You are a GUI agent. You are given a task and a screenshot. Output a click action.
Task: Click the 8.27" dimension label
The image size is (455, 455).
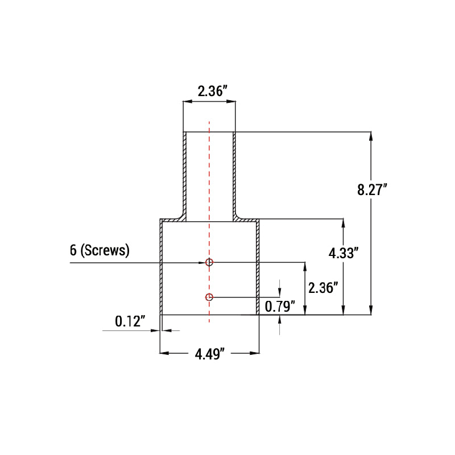tap(373, 190)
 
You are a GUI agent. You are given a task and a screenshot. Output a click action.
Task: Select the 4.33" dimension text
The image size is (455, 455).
tap(344, 254)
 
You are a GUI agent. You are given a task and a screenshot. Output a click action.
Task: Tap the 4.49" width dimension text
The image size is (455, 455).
tap(210, 354)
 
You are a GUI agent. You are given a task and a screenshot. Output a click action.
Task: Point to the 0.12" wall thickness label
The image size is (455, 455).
tap(131, 322)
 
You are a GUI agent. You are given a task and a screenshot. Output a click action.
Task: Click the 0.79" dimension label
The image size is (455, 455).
tap(280, 307)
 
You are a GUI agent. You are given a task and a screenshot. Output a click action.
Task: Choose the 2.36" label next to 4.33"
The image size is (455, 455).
tap(323, 288)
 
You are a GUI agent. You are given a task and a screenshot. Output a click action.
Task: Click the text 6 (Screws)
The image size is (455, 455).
tap(100, 250)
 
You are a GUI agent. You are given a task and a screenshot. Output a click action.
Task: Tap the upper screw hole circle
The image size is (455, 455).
tap(209, 262)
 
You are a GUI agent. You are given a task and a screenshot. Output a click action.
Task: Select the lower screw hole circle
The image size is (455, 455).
tap(209, 297)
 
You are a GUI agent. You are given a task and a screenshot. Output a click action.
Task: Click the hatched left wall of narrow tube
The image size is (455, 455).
tap(185, 171)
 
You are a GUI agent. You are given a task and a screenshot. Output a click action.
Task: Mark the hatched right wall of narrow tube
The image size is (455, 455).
tap(234, 171)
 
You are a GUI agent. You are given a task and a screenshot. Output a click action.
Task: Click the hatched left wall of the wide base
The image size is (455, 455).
tap(162, 267)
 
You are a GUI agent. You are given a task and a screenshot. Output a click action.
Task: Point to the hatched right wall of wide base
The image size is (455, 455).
tap(258, 267)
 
